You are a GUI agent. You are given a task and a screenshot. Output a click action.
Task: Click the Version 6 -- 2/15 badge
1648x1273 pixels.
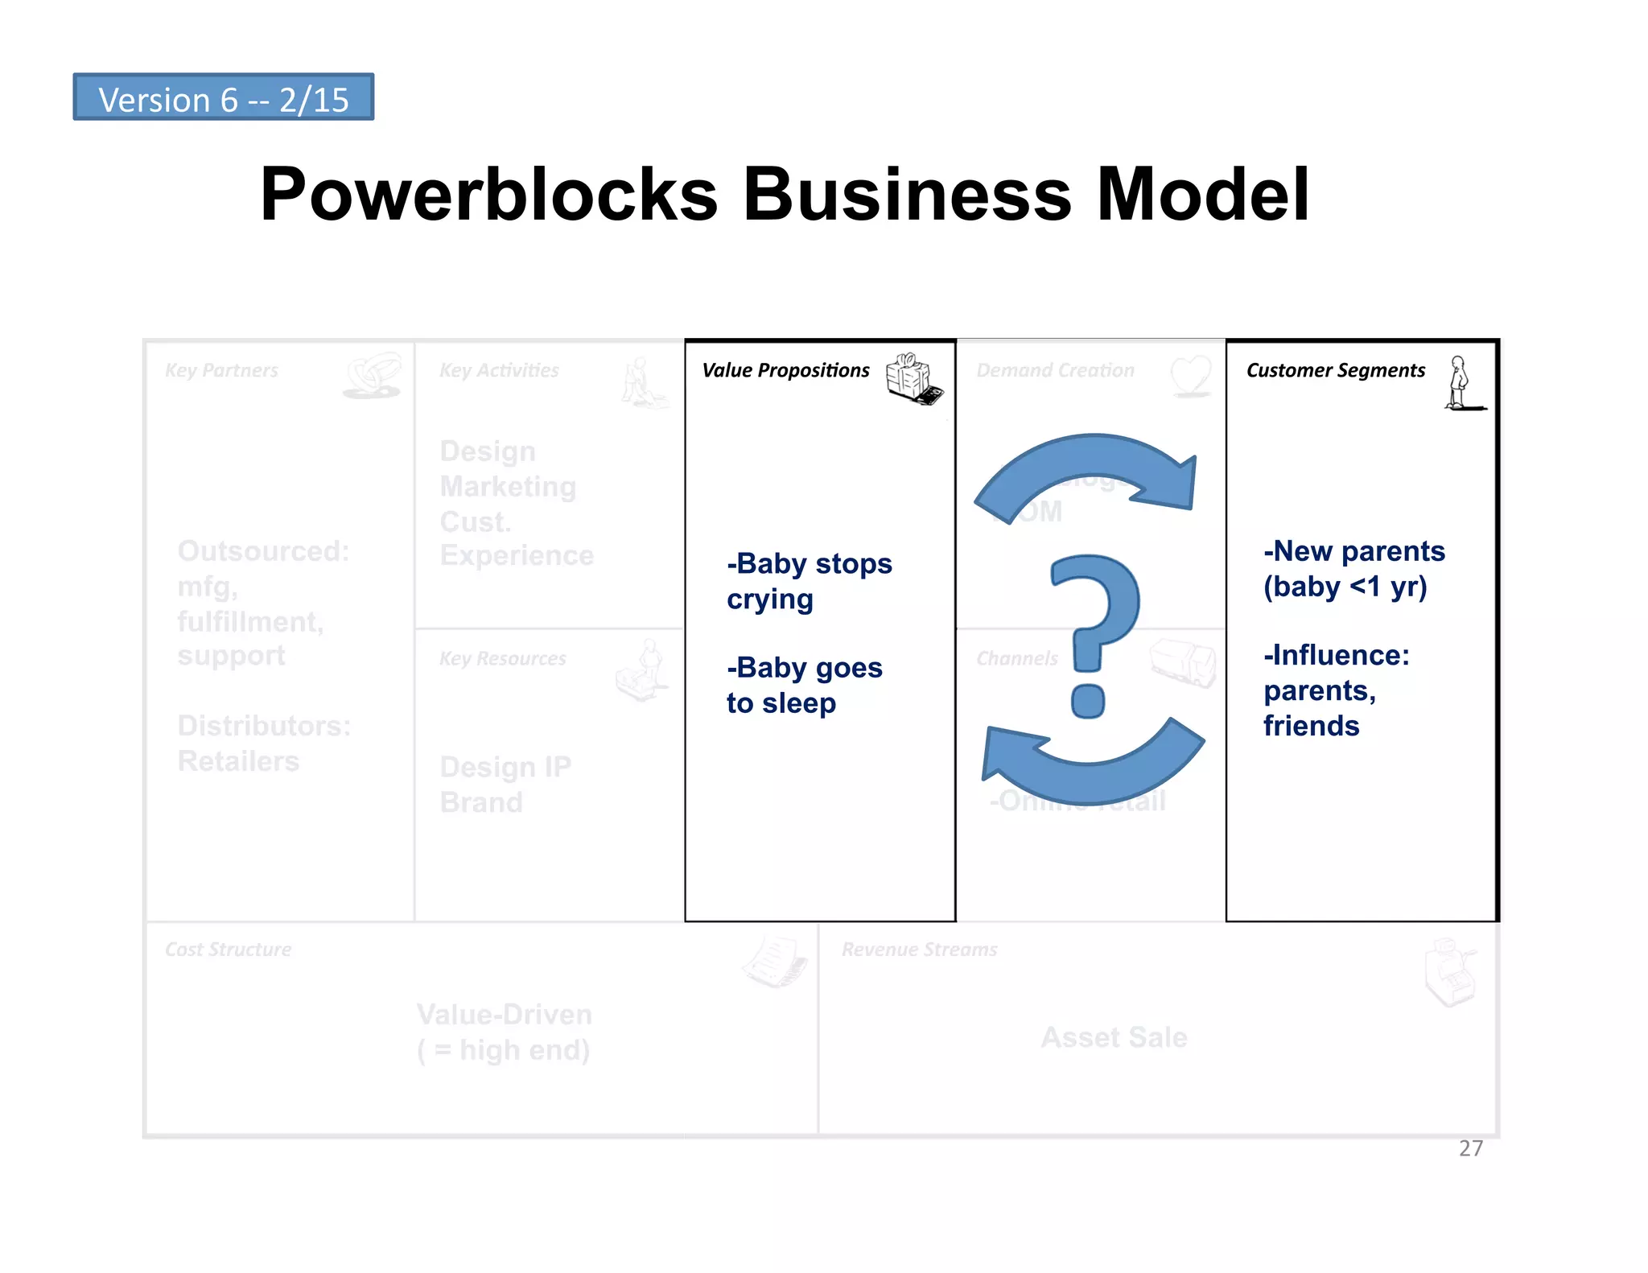(223, 97)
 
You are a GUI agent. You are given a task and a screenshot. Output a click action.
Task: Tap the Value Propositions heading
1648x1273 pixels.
(785, 370)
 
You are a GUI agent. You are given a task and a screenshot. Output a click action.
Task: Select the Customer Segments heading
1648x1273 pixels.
(1335, 370)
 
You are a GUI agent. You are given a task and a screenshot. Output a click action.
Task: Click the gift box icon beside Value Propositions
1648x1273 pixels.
(913, 378)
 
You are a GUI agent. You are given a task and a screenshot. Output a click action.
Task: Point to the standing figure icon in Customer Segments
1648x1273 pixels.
(1461, 383)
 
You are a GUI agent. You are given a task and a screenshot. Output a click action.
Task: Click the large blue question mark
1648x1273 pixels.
(1095, 628)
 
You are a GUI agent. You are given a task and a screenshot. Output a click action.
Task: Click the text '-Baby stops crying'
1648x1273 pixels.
(808, 581)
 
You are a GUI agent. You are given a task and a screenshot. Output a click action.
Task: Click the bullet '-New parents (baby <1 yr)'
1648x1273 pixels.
(1353, 569)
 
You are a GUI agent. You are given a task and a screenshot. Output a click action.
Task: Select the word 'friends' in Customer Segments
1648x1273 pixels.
(1311, 726)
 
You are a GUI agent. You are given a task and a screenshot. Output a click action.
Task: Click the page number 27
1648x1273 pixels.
(1470, 1148)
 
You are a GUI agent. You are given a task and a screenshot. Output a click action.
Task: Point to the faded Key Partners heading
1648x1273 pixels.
(221, 370)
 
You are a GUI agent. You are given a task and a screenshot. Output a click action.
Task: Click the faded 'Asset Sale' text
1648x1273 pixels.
(1114, 1037)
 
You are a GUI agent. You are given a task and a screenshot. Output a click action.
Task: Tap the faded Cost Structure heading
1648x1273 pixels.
(228, 950)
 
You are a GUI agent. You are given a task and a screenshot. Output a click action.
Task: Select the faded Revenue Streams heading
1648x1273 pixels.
(919, 950)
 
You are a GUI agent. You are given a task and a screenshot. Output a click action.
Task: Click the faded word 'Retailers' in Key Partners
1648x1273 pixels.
(238, 761)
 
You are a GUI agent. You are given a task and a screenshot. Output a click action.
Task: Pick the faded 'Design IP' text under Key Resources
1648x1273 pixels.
(505, 767)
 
